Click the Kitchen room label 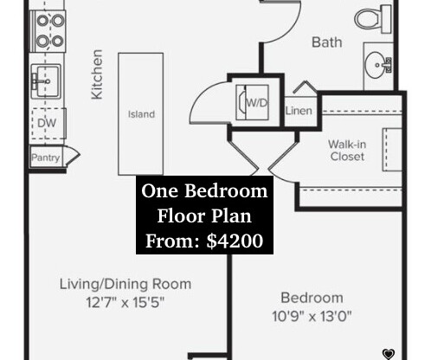pos(98,74)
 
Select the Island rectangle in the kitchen pos(141,112)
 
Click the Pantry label pos(45,158)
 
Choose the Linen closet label pos(298,111)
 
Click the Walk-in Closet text pos(346,151)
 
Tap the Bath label pos(327,41)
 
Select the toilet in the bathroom pos(374,16)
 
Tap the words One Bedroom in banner pos(204,191)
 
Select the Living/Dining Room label pos(125,284)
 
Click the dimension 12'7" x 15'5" pos(125,302)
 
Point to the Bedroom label pos(312,298)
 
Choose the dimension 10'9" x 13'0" pos(312,316)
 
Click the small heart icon pos(389,353)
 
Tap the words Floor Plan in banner pos(204,215)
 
